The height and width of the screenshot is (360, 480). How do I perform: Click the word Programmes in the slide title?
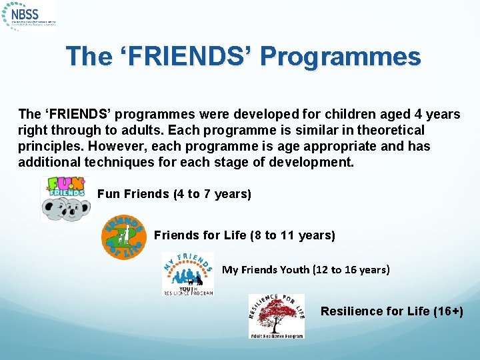[x=341, y=57]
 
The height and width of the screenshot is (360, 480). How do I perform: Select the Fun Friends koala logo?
[x=65, y=199]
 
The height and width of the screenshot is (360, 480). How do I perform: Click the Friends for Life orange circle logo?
[x=123, y=237]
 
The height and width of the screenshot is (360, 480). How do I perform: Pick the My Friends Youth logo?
[x=188, y=274]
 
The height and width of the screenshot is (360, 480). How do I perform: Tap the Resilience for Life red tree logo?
[x=276, y=316]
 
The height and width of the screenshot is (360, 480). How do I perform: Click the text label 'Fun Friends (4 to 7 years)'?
[x=174, y=194]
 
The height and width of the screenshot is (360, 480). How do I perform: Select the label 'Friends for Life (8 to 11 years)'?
[x=244, y=235]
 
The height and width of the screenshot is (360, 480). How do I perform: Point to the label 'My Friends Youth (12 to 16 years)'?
[x=305, y=270]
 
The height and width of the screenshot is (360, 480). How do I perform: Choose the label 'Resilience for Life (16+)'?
[x=391, y=311]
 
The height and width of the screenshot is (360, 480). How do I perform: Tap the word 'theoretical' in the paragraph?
[x=391, y=130]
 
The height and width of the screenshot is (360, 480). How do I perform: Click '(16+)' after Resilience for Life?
[x=447, y=311]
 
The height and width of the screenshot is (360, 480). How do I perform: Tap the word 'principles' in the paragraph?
[x=46, y=146]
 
